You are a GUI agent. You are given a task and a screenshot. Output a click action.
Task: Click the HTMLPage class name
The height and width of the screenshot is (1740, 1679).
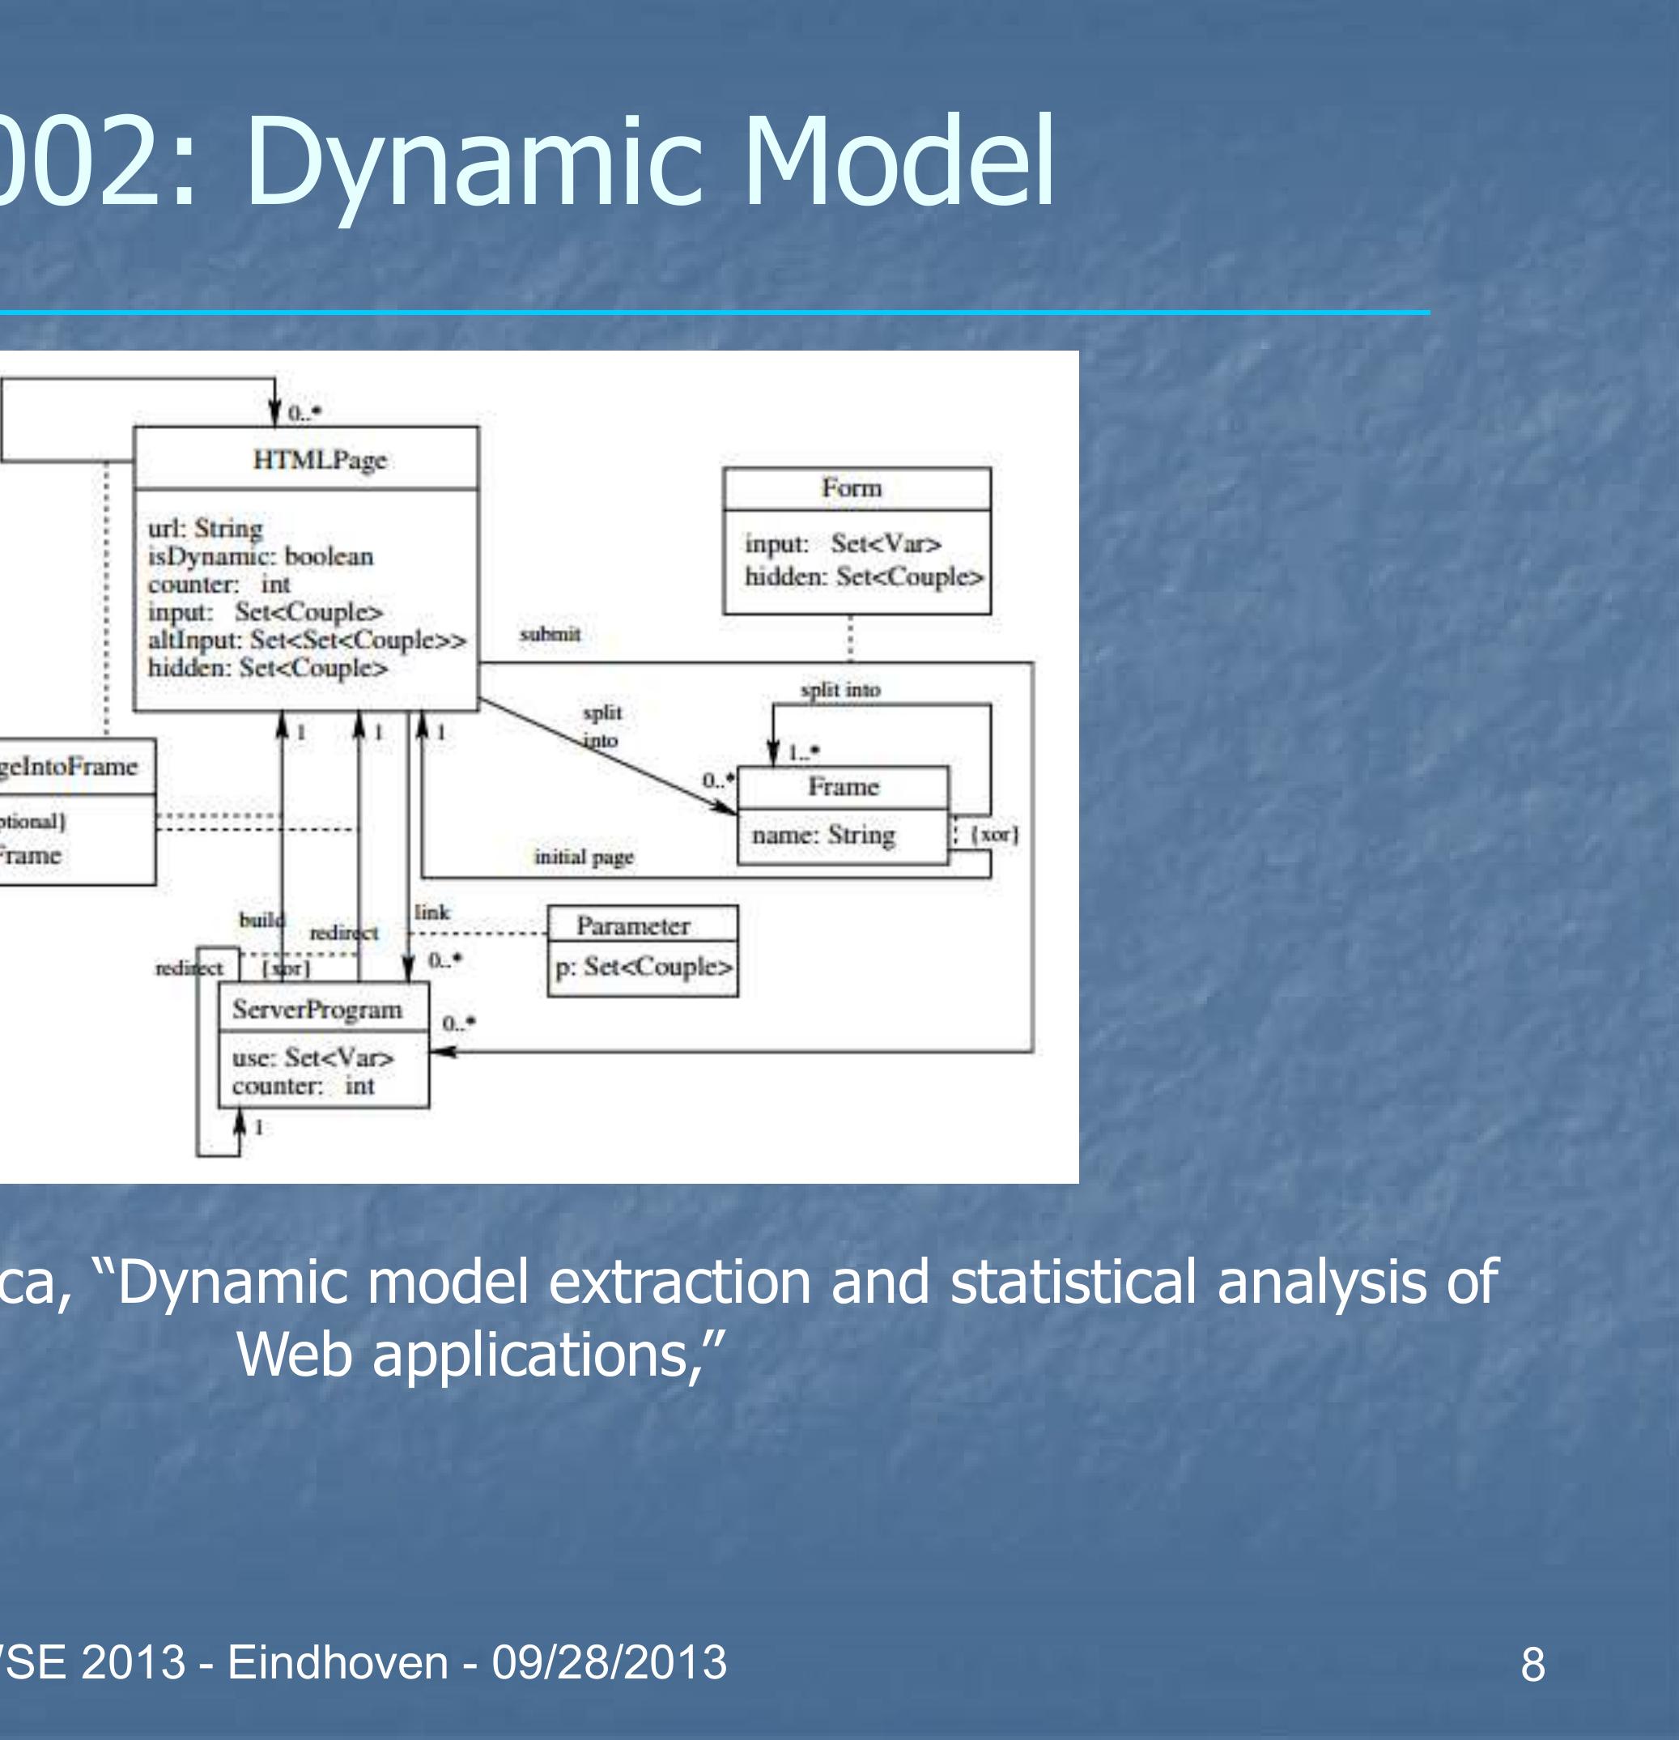point(320,460)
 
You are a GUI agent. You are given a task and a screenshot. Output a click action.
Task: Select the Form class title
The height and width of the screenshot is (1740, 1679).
point(851,488)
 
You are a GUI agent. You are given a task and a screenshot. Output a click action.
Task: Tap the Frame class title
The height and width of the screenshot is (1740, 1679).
point(842,786)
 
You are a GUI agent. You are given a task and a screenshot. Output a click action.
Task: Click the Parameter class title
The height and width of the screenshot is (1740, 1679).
point(633,926)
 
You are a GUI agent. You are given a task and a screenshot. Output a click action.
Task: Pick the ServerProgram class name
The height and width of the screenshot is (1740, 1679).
point(317,1010)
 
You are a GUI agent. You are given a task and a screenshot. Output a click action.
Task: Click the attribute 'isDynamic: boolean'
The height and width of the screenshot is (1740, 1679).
point(260,556)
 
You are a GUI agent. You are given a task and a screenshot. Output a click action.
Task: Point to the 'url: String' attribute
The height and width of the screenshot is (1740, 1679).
point(205,528)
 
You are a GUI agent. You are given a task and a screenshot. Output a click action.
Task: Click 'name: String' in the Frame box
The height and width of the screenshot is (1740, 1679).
point(822,835)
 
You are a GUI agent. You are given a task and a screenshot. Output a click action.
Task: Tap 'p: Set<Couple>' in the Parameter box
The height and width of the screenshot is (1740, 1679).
point(644,966)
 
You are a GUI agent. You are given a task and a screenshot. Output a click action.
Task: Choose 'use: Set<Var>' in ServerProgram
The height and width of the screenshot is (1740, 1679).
point(312,1057)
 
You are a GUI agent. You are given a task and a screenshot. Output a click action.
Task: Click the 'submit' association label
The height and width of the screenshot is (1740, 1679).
point(550,634)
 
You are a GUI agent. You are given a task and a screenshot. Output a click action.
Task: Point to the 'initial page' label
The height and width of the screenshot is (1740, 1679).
point(583,857)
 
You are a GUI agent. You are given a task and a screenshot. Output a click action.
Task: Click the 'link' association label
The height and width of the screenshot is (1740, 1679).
point(432,912)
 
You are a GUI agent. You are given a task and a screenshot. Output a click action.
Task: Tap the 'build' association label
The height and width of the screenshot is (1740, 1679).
point(261,919)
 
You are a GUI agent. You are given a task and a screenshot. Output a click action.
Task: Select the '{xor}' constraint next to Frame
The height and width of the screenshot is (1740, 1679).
point(994,835)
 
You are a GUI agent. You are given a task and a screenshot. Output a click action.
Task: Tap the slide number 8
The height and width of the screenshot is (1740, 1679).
point(1532,1664)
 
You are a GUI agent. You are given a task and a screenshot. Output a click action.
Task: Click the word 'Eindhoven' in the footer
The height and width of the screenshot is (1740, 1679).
point(338,1662)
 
